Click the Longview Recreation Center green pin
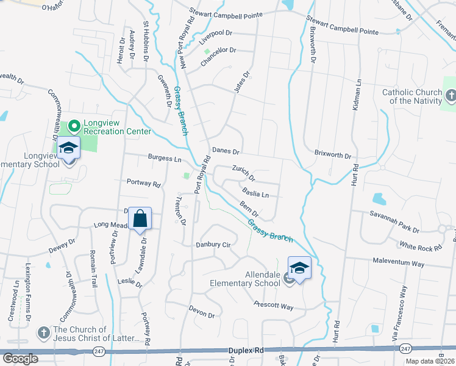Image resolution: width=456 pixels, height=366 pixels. (x=74, y=126)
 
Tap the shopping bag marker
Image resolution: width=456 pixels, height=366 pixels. (x=140, y=218)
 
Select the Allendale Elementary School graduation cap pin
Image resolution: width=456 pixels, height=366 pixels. (x=299, y=267)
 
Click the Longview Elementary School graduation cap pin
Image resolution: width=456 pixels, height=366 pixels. (x=69, y=148)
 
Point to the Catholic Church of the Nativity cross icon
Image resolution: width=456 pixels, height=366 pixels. (x=450, y=96)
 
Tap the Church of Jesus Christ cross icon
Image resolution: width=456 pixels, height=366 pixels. (x=43, y=333)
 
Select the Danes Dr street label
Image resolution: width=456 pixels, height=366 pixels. (x=226, y=151)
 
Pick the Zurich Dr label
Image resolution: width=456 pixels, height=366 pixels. (x=243, y=173)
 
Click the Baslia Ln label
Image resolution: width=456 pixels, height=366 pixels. (x=255, y=195)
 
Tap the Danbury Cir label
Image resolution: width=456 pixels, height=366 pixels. (x=213, y=245)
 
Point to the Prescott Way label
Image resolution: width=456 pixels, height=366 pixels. (x=274, y=306)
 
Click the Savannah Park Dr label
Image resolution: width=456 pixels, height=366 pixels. (x=395, y=222)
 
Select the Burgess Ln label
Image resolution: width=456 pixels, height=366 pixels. (x=165, y=158)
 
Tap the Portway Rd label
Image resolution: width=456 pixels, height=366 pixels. (x=143, y=182)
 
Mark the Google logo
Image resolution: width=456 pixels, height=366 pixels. (x=20, y=358)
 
